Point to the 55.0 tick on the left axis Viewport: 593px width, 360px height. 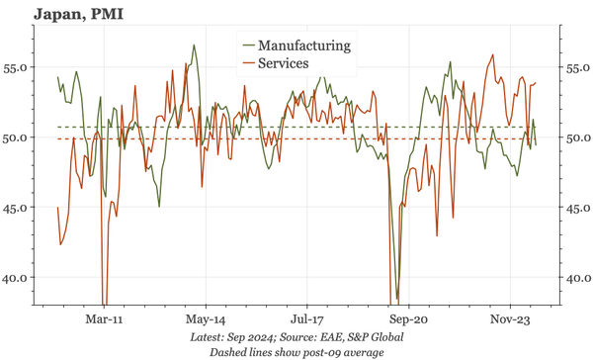pos(18,68)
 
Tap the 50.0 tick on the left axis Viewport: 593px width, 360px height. pos(18,138)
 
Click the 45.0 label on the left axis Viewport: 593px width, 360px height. pos(18,209)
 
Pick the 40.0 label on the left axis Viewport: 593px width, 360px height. pos(18,279)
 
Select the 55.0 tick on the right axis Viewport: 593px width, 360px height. pos(577,68)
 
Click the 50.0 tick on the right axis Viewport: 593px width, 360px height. pos(577,138)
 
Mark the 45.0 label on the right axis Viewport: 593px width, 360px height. pos(577,209)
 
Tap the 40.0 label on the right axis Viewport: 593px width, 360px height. pos(577,279)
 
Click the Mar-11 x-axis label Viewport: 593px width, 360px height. pos(104,320)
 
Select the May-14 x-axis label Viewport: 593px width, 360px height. pos(206,320)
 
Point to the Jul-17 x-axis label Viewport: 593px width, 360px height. pos(307,320)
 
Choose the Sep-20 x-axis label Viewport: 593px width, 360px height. pos(408,320)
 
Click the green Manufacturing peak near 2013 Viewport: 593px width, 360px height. pos(194,45)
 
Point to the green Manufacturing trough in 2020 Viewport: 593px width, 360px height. pos(397,299)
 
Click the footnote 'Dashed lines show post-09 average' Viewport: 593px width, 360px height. pos(296,351)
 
